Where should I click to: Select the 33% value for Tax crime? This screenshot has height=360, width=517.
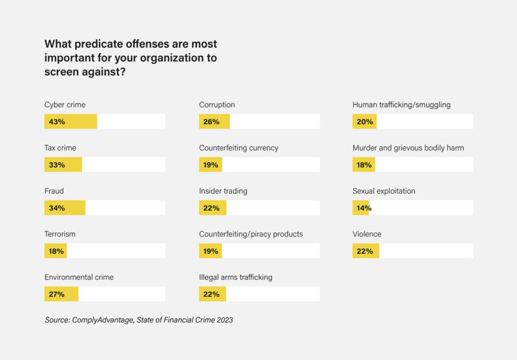[x=57, y=165]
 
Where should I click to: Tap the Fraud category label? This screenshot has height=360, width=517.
[x=54, y=191]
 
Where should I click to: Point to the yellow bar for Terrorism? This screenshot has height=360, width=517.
[x=56, y=251]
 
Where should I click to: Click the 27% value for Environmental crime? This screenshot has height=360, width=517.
[x=57, y=294]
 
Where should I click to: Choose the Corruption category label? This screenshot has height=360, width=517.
[x=217, y=105]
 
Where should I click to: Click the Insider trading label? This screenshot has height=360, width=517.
[x=224, y=191]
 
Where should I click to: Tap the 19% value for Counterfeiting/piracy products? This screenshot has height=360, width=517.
[x=211, y=251]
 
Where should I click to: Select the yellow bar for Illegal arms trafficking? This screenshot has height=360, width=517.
[x=213, y=294]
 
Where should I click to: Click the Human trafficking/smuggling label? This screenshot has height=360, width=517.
[x=401, y=105]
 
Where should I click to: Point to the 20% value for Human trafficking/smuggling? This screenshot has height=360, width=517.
[x=364, y=122]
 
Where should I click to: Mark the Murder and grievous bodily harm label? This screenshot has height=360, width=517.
[x=408, y=148]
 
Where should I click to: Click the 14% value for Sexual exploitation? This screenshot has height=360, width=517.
[x=364, y=208]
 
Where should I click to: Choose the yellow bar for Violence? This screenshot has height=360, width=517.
[x=366, y=251]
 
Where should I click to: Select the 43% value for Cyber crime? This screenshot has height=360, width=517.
[x=57, y=122]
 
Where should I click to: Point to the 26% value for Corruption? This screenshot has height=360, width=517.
[x=211, y=122]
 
